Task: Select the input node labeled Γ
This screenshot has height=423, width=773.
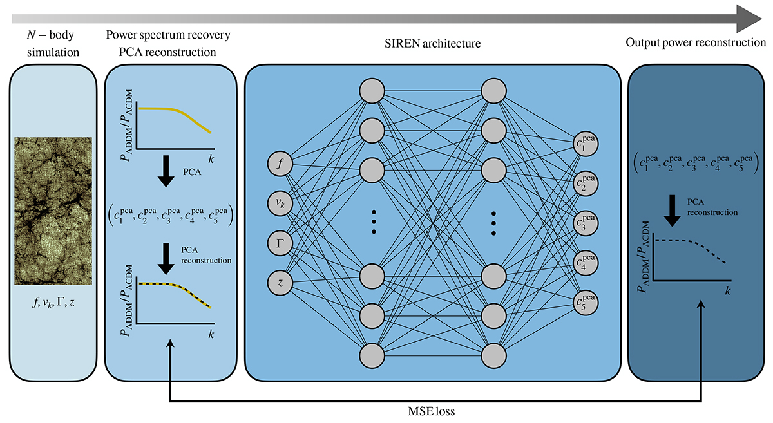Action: point(280,243)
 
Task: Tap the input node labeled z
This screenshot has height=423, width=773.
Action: point(280,282)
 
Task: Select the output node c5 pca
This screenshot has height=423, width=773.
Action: point(586,303)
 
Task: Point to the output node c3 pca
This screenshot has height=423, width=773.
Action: point(586,224)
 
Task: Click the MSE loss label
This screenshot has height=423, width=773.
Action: point(435,409)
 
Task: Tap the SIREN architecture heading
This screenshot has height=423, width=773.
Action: point(435,43)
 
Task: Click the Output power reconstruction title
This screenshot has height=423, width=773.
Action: point(696,42)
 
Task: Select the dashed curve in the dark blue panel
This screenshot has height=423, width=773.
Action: point(689,248)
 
